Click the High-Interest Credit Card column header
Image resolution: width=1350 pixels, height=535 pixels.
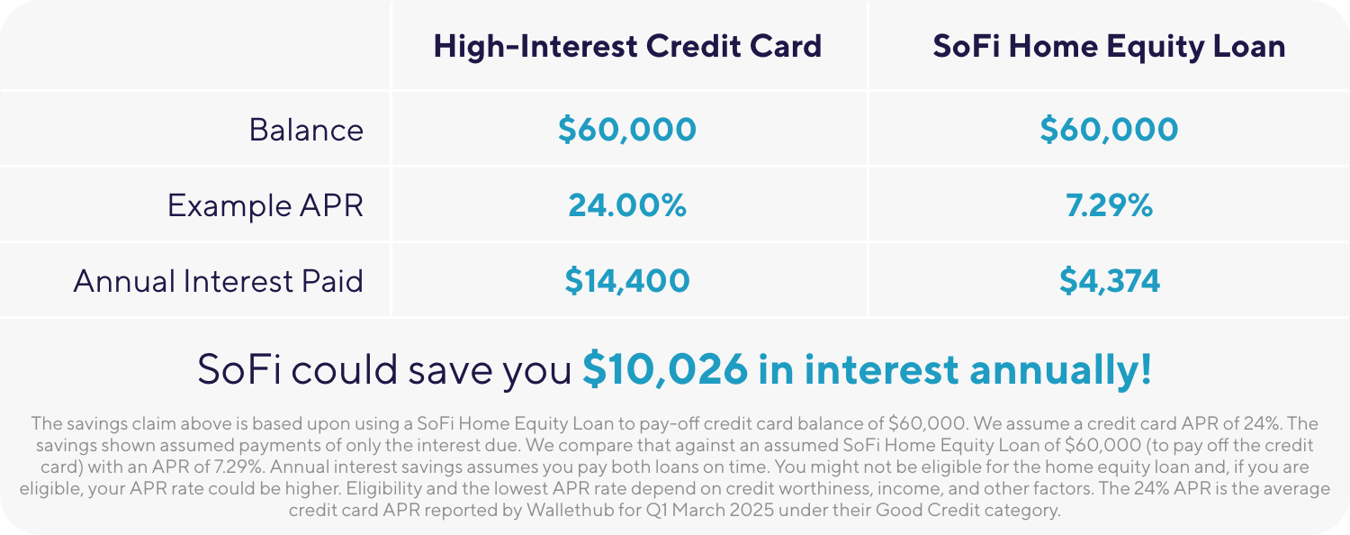[627, 47]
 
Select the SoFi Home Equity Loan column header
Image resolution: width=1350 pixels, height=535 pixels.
[1109, 47]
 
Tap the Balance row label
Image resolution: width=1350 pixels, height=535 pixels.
[306, 130]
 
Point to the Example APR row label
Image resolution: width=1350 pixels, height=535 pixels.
[265, 205]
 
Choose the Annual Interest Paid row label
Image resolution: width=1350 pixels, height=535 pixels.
[218, 281]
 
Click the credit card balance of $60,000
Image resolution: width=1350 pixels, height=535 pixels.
[626, 129]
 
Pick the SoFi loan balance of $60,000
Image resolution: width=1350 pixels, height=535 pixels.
[1109, 129]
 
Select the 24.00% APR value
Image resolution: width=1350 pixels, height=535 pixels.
[626, 205]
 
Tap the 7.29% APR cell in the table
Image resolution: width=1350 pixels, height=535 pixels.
[1109, 205]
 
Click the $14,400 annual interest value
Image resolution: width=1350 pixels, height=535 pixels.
[626, 280]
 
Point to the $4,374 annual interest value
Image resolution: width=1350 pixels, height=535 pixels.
[1109, 280]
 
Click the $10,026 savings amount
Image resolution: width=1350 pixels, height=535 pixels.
[665, 369]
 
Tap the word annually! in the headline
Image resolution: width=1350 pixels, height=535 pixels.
[1061, 369]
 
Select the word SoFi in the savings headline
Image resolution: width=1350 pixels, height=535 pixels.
[239, 369]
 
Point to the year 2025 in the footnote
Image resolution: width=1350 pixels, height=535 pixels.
[751, 511]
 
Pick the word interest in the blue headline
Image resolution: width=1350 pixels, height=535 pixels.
[881, 369]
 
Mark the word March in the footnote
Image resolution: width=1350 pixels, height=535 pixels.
[697, 511]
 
